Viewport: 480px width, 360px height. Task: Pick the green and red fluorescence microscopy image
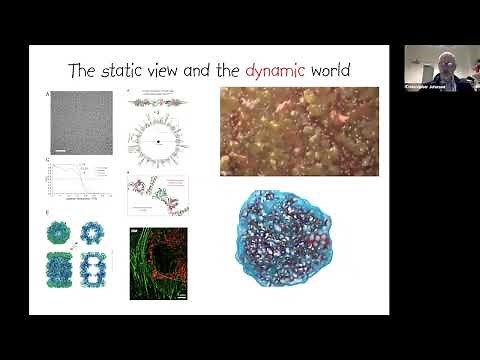pyautogui.click(x=158, y=263)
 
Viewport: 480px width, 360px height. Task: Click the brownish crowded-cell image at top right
pyautogui.click(x=299, y=131)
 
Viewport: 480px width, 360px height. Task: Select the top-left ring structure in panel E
pyautogui.click(x=59, y=233)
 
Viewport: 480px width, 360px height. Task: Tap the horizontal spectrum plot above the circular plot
pyautogui.click(x=157, y=102)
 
